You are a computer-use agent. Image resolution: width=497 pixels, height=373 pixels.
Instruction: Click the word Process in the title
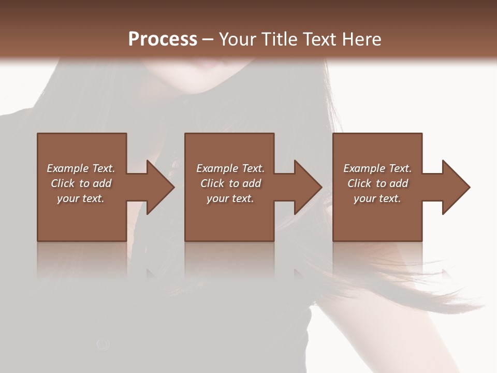[x=163, y=39]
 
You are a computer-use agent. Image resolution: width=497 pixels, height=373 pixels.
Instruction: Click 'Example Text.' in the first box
[x=81, y=168]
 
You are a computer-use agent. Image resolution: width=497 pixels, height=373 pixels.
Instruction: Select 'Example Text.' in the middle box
[x=230, y=168]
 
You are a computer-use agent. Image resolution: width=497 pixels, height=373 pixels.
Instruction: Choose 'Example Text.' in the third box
[x=377, y=168]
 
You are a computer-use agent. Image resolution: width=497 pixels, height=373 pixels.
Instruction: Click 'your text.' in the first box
[x=81, y=198]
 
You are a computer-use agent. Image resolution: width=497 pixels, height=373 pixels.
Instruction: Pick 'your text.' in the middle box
[x=230, y=198]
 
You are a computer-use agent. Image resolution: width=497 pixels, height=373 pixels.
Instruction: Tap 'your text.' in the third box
[x=377, y=198]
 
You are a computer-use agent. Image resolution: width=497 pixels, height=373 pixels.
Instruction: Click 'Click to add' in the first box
[x=81, y=183]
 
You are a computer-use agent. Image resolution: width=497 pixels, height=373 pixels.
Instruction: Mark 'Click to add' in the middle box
[x=230, y=183]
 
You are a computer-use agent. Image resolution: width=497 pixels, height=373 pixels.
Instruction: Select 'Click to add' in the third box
[x=377, y=183]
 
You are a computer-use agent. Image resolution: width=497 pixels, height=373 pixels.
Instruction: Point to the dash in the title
[x=208, y=40]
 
